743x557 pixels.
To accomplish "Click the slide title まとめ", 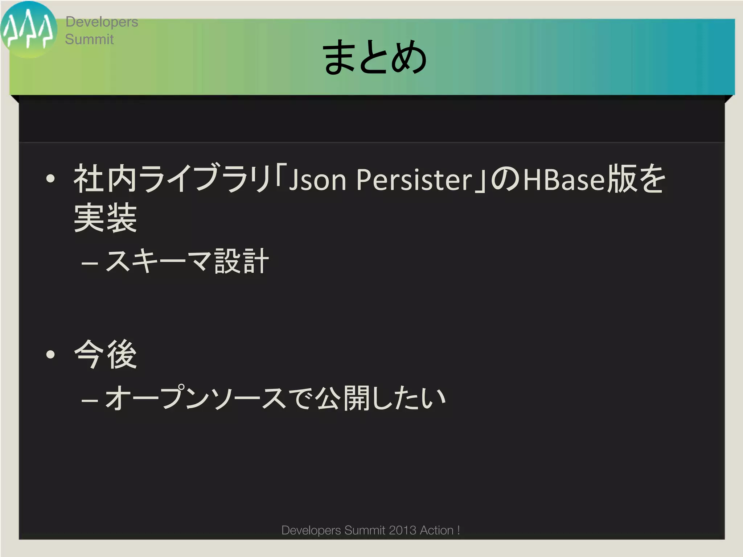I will point(374,57).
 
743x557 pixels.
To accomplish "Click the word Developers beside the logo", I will point(102,22).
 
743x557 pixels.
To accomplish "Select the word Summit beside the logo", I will point(89,39).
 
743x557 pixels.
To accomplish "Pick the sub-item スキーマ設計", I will point(187,261).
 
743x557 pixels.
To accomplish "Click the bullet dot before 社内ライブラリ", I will point(50,178).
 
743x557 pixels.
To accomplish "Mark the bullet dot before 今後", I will point(50,354).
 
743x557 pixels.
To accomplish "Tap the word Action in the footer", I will point(437,530).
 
